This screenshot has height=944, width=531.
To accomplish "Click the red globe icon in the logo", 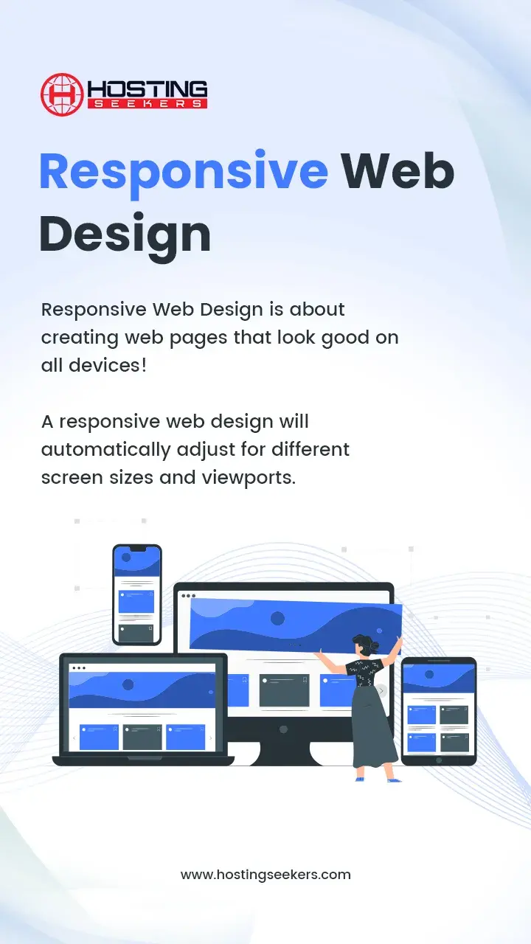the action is (61, 94).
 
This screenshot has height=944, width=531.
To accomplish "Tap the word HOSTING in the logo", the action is (147, 89).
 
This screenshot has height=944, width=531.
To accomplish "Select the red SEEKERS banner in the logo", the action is (147, 104).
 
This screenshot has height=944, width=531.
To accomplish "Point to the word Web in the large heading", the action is (398, 171).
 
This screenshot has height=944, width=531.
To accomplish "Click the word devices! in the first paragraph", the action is (108, 365).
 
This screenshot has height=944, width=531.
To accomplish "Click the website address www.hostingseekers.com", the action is (265, 875).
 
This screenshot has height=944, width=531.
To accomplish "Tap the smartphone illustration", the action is (137, 594).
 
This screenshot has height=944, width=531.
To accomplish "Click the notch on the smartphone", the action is (137, 548).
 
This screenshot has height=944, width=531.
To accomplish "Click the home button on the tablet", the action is (439, 760).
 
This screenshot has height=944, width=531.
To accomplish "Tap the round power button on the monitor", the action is (284, 729).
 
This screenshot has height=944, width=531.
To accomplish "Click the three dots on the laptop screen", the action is (79, 668).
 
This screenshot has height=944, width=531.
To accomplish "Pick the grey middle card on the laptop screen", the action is (142, 737).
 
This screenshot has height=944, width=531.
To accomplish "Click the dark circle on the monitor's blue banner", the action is (277, 619).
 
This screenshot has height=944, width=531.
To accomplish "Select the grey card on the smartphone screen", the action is (136, 634).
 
